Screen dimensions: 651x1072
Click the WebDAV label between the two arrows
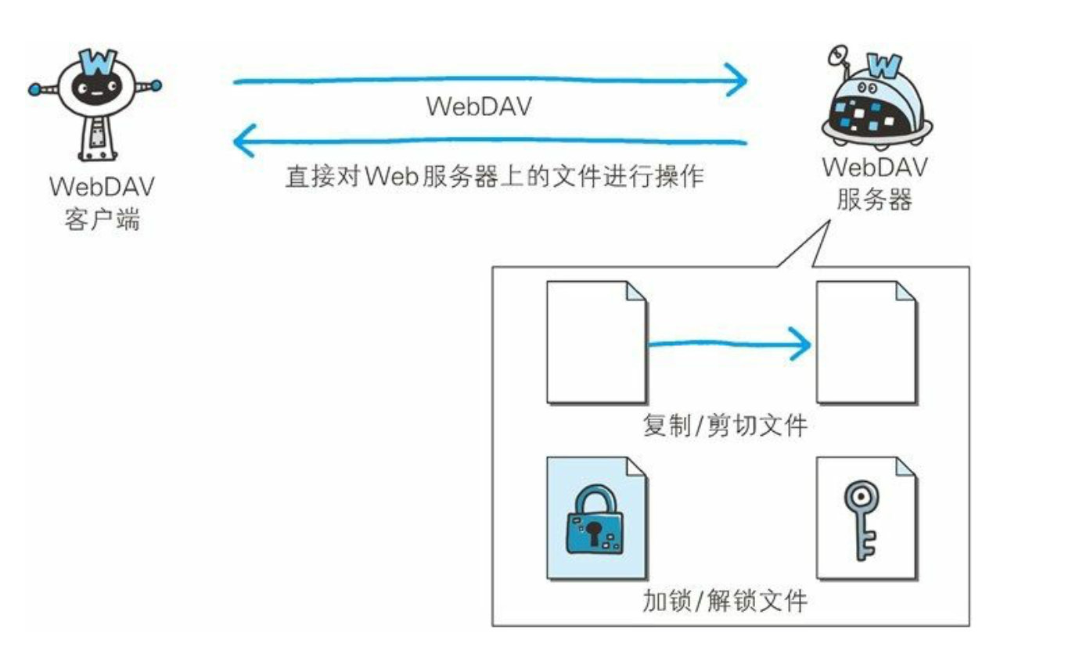[478, 107]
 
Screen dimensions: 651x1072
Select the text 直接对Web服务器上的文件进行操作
[494, 176]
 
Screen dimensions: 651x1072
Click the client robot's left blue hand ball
[34, 91]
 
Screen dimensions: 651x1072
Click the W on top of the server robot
[885, 63]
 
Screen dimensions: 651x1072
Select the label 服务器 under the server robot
[874, 200]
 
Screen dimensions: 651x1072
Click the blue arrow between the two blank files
[728, 343]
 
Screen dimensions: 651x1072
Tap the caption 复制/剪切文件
[724, 427]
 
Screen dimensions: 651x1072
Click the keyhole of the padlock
[595, 533]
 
